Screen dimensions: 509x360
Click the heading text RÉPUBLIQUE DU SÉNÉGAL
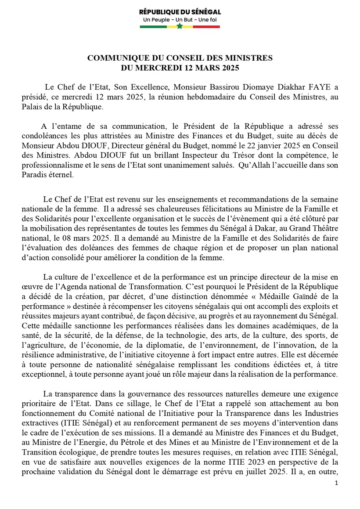(x=180, y=12)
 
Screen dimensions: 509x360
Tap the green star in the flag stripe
(x=180, y=26)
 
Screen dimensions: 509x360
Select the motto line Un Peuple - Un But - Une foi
(x=180, y=20)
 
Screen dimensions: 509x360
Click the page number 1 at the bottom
(x=336, y=483)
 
